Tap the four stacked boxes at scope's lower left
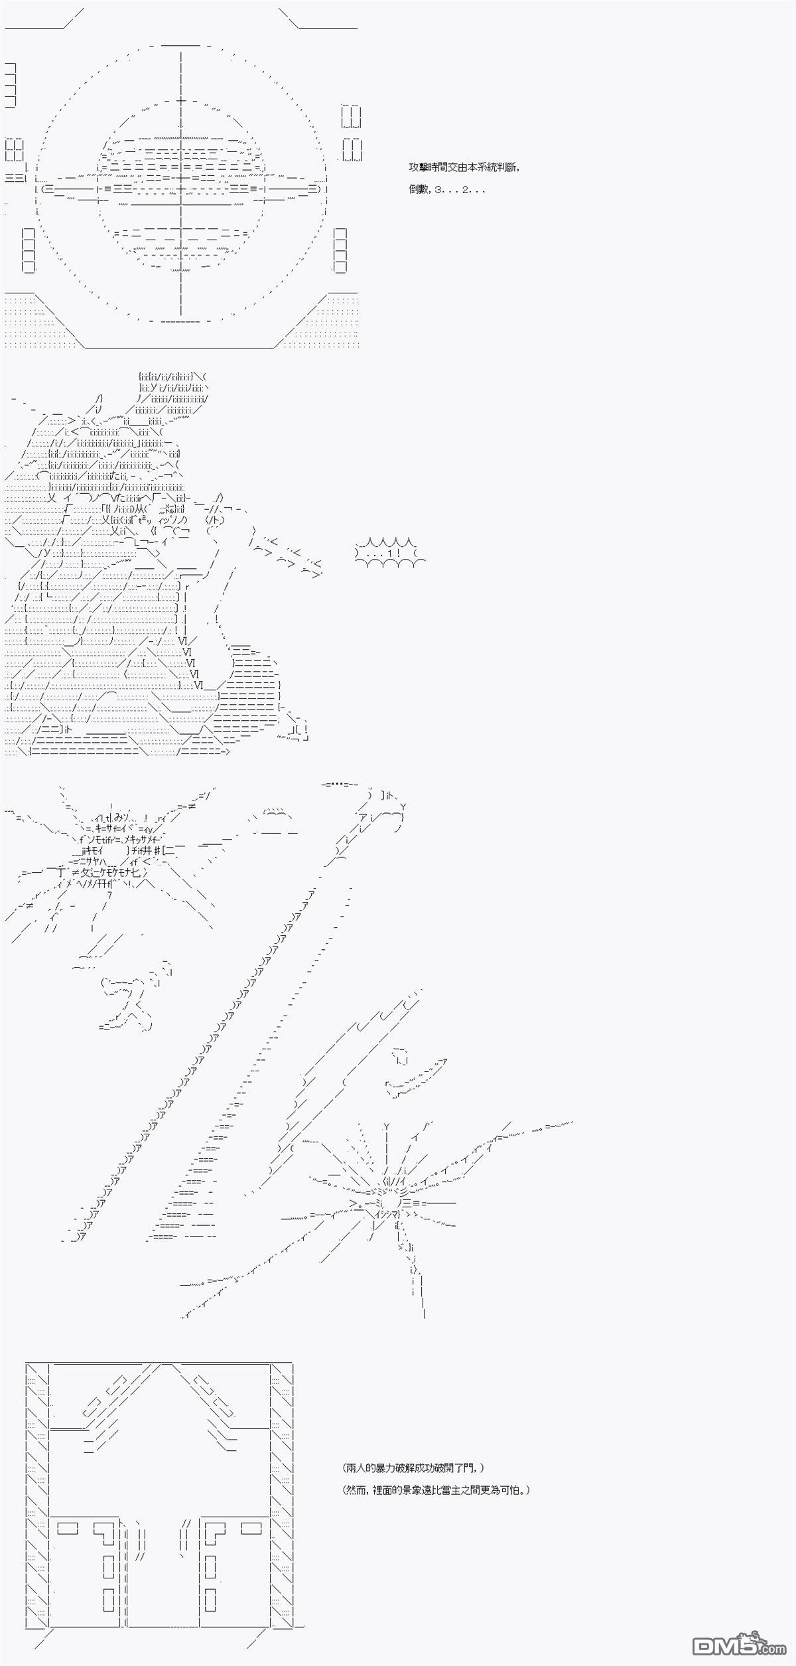29,250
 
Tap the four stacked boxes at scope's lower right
340,250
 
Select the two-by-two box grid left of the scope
14,150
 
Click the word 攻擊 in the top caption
418,167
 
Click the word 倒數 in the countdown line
418,189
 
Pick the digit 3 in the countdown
438,190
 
